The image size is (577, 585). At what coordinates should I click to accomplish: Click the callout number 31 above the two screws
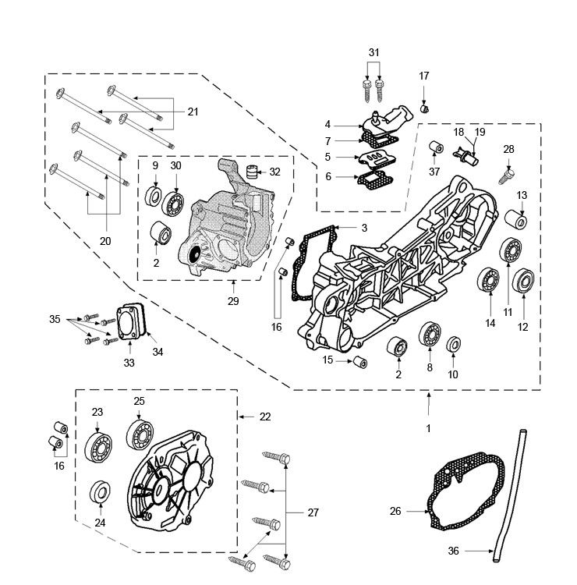[374, 52]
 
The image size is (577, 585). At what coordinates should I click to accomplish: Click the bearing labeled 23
[97, 450]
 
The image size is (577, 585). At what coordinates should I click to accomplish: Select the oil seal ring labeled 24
[100, 493]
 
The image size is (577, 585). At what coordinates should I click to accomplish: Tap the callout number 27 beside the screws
[313, 512]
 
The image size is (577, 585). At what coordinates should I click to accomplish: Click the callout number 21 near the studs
[192, 112]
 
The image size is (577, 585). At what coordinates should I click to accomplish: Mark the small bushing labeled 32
[251, 172]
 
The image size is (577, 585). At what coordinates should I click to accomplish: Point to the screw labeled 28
[508, 172]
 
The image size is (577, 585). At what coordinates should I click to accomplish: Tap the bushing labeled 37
[458, 149]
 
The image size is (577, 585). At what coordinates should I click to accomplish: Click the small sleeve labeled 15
[361, 362]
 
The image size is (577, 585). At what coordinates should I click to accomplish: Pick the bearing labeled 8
[428, 335]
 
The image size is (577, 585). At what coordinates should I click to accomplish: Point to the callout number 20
[105, 242]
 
